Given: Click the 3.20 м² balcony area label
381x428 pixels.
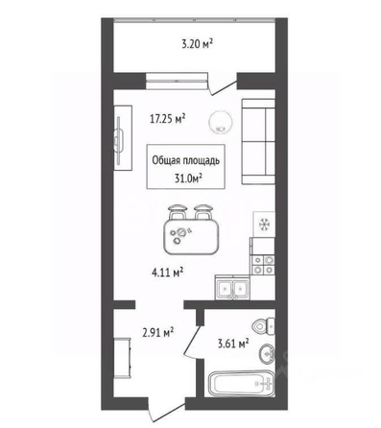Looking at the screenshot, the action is click(x=198, y=44).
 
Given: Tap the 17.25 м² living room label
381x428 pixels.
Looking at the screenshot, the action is click(x=168, y=119).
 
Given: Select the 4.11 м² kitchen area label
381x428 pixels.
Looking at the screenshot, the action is click(x=167, y=273).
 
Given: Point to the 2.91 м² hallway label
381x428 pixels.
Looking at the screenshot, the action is click(x=158, y=332).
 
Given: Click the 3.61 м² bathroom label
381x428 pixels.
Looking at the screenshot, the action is click(x=233, y=345).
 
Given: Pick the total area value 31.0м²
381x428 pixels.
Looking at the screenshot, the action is click(x=189, y=178).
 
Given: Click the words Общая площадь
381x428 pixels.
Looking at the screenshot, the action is click(x=185, y=160).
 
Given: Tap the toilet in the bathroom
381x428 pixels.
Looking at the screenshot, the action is click(x=264, y=326).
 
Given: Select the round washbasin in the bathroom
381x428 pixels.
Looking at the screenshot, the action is click(x=267, y=354).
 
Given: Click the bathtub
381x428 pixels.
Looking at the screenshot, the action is click(x=241, y=383).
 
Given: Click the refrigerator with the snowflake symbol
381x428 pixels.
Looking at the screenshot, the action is click(x=264, y=224).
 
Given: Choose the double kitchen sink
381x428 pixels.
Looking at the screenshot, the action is click(x=232, y=287).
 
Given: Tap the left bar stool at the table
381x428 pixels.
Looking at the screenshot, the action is click(x=177, y=212).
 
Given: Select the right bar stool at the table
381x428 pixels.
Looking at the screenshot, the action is click(x=202, y=212).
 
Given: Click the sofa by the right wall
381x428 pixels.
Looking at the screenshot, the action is click(x=258, y=141).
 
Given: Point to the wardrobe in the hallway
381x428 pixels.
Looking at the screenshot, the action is click(x=122, y=358).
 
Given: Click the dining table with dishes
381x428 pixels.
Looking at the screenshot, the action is click(x=192, y=237).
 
